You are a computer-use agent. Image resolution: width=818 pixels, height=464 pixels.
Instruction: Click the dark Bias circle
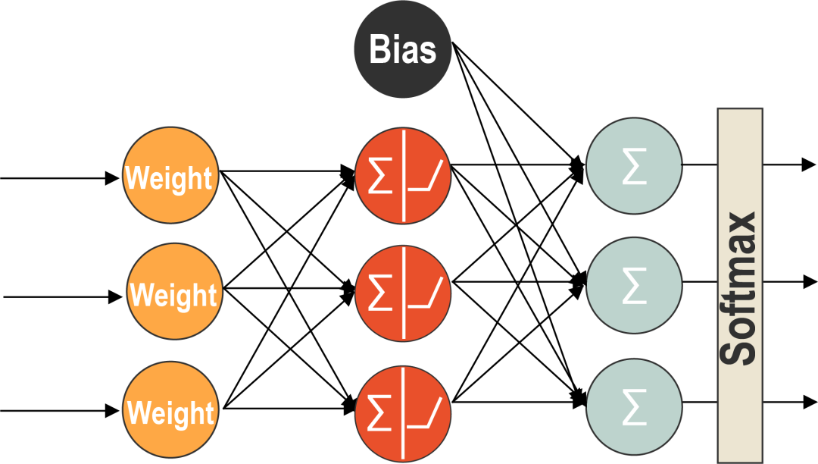pyautogui.click(x=403, y=50)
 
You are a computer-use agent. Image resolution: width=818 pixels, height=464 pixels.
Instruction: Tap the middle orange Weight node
pyautogui.click(x=174, y=292)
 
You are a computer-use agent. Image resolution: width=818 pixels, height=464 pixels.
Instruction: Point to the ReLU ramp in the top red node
pyautogui.click(x=425, y=177)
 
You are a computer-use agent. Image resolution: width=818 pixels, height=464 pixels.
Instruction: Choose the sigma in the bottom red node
pyautogui.click(x=379, y=412)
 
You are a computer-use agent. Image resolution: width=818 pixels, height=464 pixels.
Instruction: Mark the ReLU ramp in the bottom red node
pyautogui.click(x=425, y=412)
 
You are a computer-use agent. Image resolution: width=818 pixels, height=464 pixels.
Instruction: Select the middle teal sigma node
pyautogui.click(x=634, y=285)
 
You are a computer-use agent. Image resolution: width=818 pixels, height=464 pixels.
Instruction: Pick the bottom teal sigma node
pyautogui.click(x=634, y=406)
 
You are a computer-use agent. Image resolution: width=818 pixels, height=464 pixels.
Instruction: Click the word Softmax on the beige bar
pyautogui.click(x=738, y=288)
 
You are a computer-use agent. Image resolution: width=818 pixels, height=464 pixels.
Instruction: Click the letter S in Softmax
pyautogui.click(x=738, y=351)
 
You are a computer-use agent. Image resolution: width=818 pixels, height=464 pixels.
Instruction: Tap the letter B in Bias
pyautogui.click(x=378, y=50)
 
